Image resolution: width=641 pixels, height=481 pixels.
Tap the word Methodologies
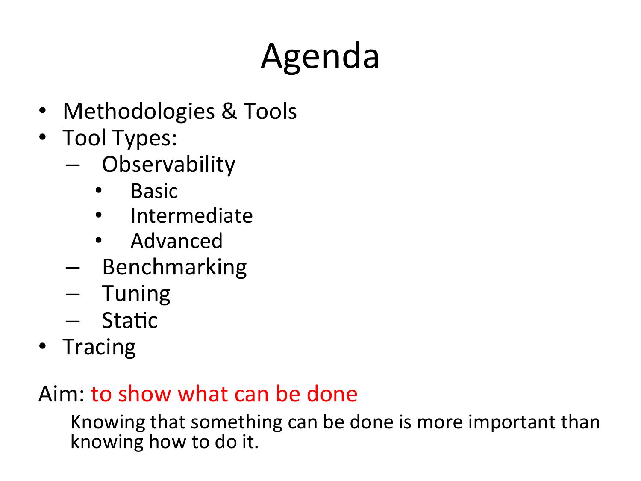click(x=139, y=112)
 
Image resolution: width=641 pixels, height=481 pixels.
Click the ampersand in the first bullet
click(x=229, y=111)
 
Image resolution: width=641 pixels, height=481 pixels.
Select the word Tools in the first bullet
click(x=270, y=111)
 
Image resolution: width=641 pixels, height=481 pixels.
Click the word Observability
click(x=168, y=165)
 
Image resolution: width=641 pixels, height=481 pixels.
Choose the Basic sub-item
click(x=155, y=191)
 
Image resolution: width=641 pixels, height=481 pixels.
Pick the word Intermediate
click(x=191, y=216)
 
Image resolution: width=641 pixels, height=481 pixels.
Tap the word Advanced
click(x=176, y=241)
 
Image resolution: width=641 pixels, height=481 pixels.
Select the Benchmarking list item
click(x=174, y=268)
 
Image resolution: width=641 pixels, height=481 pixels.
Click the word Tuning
click(x=136, y=294)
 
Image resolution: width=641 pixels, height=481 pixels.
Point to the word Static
click(x=130, y=320)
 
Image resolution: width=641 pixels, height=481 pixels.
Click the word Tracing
click(x=99, y=347)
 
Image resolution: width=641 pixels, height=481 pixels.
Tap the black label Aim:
click(x=62, y=394)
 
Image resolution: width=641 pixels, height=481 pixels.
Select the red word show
click(x=144, y=394)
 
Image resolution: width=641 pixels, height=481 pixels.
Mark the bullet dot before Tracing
click(x=43, y=346)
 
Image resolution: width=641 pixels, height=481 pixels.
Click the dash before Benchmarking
click(x=73, y=268)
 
